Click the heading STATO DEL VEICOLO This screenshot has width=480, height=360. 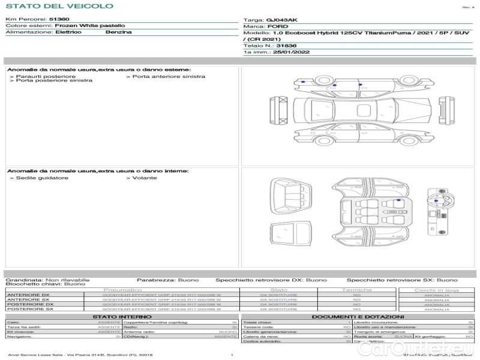(59, 6)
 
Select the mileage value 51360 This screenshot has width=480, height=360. (59, 20)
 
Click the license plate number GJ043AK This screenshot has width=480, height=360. (282, 20)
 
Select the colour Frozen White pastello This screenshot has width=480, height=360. (89, 26)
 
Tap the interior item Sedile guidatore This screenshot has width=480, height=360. (42, 178)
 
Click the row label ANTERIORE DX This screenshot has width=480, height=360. (28, 295)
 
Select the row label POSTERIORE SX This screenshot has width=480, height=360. (29, 309)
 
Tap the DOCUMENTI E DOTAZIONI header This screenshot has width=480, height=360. (358, 316)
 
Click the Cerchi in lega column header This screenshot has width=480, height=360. (436, 290)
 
